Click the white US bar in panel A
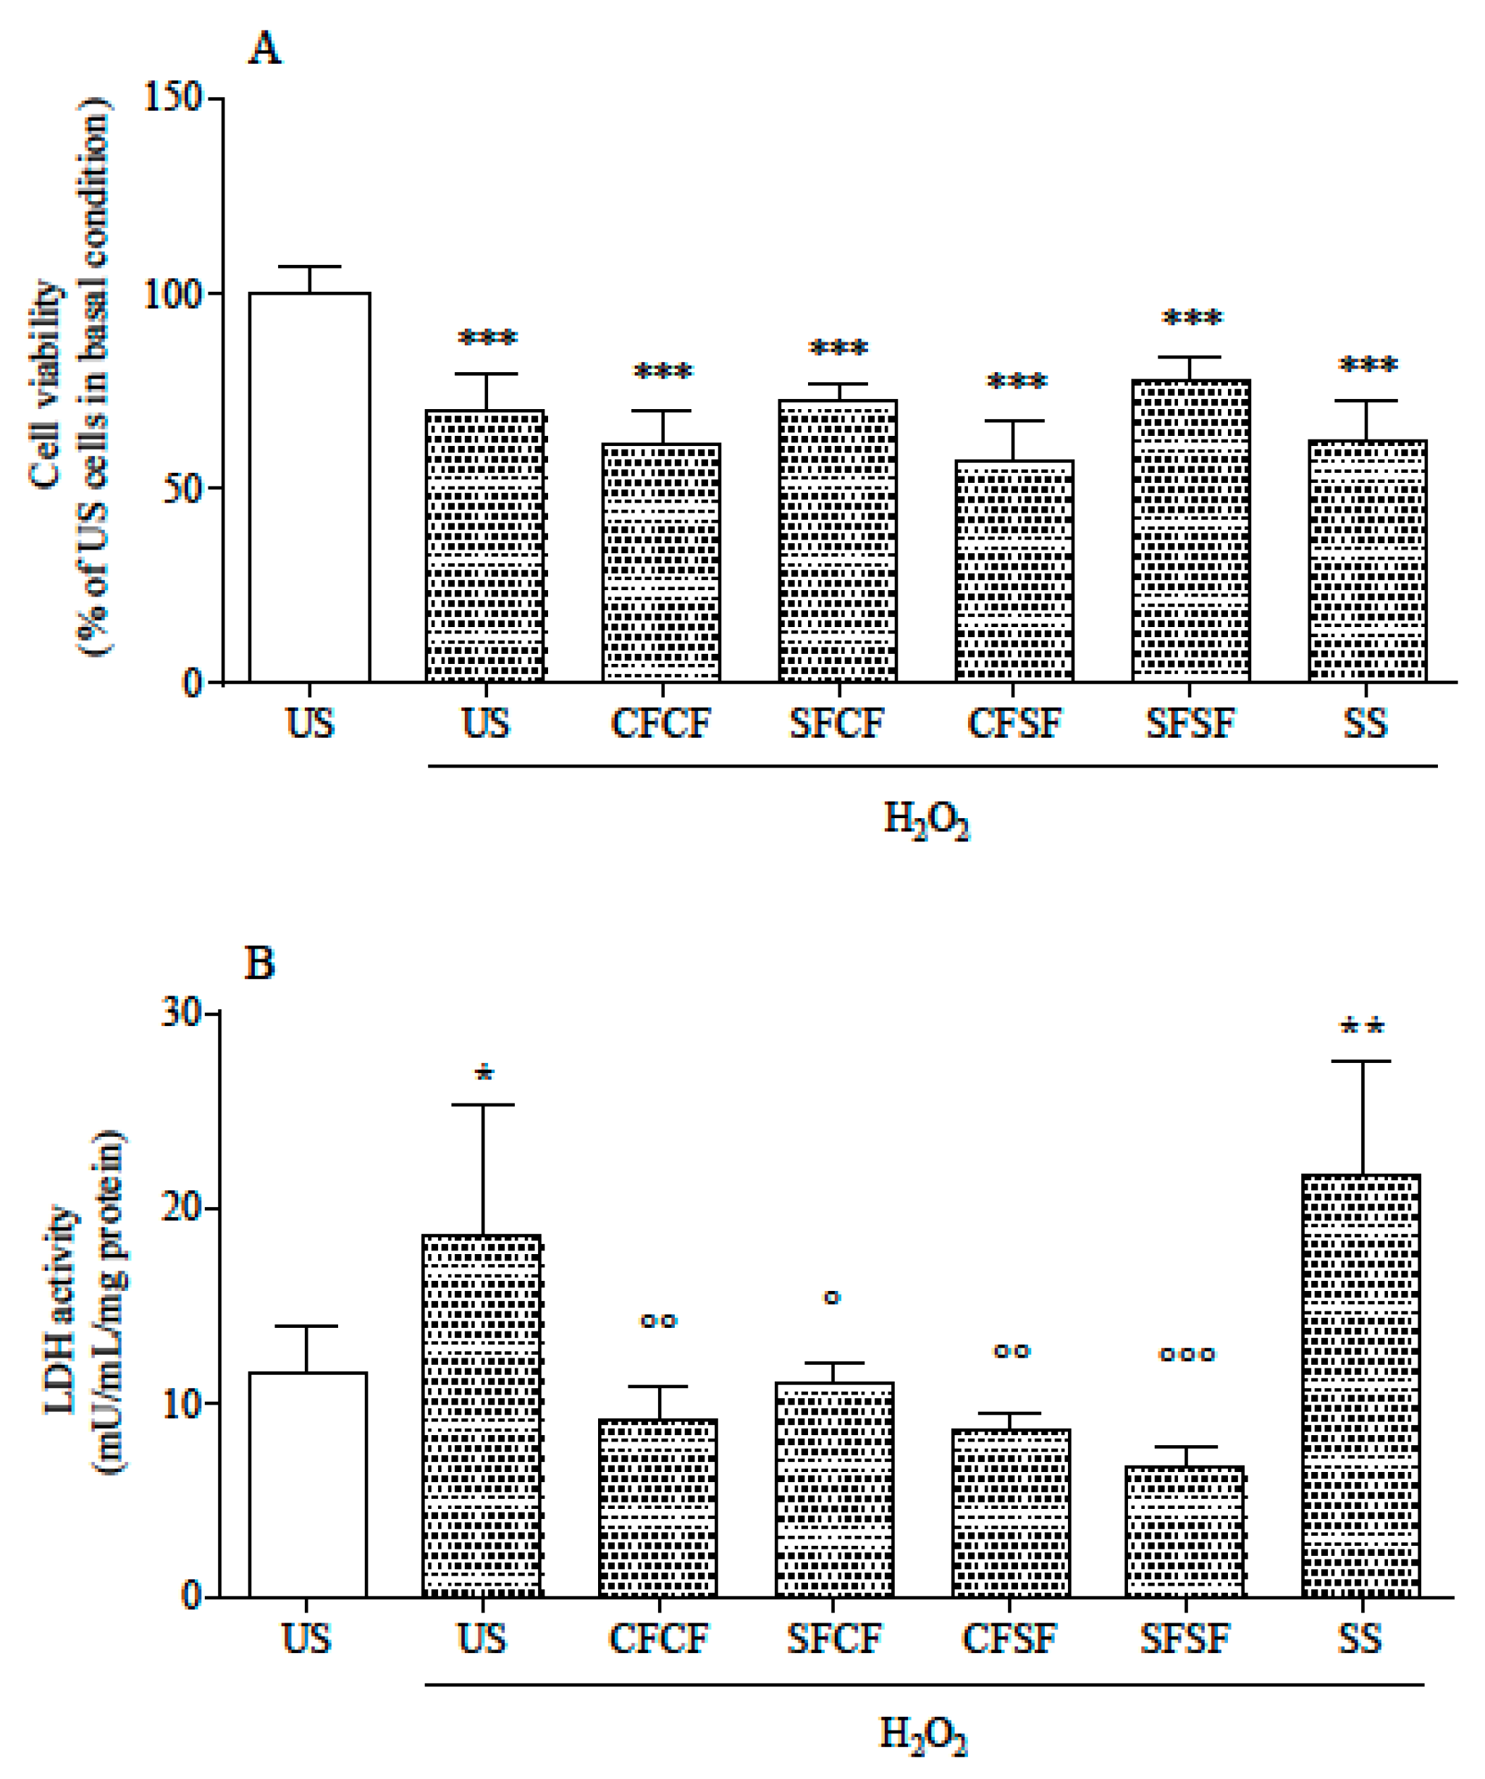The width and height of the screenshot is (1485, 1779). pos(309,487)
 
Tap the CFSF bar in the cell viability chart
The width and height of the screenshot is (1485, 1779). pos(1014,572)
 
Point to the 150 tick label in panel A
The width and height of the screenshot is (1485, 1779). pos(173,98)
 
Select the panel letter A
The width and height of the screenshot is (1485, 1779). pos(264,49)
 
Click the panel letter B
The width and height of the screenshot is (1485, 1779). pos(259,963)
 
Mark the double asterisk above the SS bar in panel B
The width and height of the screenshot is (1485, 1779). pos(1361,1028)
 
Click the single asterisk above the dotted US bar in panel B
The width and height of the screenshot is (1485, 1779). pos(484,1075)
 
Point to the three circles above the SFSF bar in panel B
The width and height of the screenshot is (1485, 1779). pos(1187,1355)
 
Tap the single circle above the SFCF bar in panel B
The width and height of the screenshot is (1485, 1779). pos(833,1298)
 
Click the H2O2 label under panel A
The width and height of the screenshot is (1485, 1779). pos(926,821)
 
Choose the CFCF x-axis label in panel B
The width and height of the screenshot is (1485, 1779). pos(658,1639)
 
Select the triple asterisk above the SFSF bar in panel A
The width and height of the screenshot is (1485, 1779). pos(1192,319)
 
